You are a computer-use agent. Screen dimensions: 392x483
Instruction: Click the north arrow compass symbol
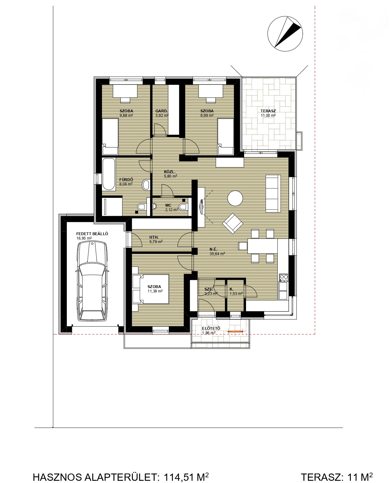click(x=285, y=34)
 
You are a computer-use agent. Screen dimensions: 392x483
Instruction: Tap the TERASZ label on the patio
click(x=268, y=111)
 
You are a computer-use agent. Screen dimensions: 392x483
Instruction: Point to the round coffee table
click(x=235, y=198)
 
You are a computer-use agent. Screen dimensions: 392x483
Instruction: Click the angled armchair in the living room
click(x=233, y=223)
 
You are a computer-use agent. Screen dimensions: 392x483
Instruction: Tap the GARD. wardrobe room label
click(x=161, y=111)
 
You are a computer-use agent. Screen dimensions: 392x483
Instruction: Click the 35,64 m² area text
click(x=217, y=254)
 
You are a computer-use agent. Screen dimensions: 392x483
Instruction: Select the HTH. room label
click(x=154, y=237)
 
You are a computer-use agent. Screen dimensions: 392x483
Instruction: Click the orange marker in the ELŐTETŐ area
click(x=236, y=331)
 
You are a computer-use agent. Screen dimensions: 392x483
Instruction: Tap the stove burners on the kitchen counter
click(x=284, y=278)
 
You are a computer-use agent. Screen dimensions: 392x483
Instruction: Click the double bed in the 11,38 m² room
click(x=151, y=289)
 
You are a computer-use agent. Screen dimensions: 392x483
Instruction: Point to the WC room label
click(x=168, y=206)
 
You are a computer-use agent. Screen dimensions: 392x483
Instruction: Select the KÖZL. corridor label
click(x=170, y=172)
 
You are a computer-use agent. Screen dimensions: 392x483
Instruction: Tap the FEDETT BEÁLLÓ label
click(x=92, y=234)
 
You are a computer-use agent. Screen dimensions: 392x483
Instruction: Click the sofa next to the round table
click(x=273, y=193)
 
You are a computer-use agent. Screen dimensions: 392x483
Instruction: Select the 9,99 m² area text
click(x=207, y=116)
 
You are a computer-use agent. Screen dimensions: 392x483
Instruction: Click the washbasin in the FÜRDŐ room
click(x=146, y=185)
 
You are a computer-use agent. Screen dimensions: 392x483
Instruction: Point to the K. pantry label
click(x=231, y=289)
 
